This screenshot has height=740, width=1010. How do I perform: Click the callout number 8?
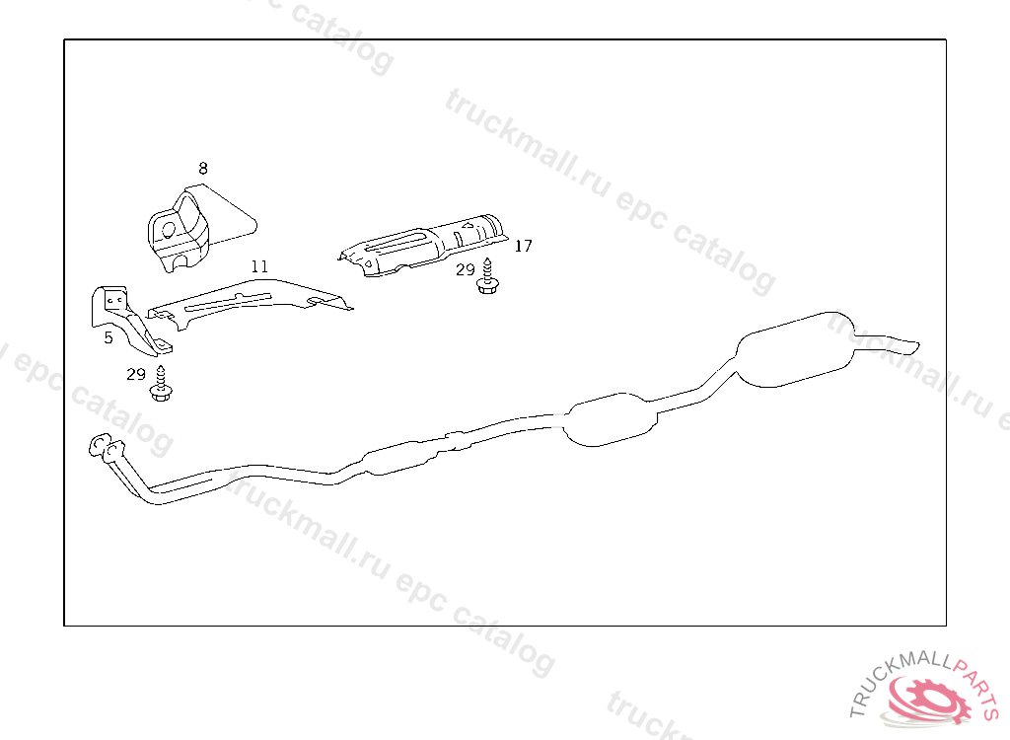[x=203, y=169]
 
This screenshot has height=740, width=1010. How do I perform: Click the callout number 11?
[x=259, y=266]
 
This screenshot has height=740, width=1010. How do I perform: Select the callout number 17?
[x=523, y=246]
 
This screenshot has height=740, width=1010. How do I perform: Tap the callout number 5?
[x=108, y=337]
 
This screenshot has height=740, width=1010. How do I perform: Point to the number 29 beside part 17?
[x=466, y=270]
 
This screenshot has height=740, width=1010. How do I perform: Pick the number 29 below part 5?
[x=136, y=374]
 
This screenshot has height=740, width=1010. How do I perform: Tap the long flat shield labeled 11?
[x=248, y=303]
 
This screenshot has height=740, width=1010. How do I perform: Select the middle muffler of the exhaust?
[x=611, y=419]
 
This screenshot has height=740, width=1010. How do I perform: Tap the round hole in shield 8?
[x=168, y=230]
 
